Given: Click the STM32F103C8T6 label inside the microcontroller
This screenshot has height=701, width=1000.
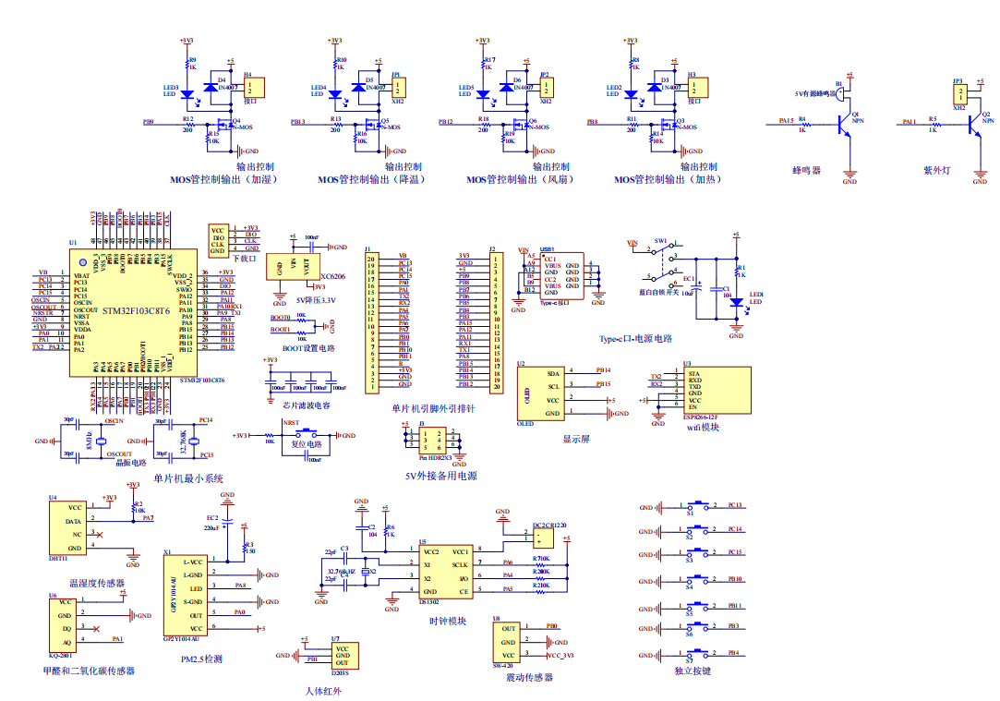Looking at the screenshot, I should tap(136, 311).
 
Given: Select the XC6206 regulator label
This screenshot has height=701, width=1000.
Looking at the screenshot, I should tap(332, 276).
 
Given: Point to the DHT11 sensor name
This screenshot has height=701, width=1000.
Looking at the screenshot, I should tap(57, 558).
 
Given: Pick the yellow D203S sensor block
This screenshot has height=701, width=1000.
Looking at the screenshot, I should tap(342, 656).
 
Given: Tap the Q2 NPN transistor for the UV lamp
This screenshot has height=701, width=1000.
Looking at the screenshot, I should tap(974, 124).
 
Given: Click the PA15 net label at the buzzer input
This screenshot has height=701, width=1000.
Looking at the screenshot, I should tap(786, 119).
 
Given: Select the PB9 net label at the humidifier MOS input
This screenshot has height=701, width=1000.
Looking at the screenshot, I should tap(148, 122).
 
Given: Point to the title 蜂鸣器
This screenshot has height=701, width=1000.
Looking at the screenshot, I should tap(806, 170).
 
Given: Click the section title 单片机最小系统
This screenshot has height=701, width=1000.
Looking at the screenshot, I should tap(187, 477).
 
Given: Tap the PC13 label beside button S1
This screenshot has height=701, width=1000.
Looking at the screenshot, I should tap(735, 506).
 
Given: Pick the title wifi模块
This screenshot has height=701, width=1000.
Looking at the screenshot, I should tap(703, 427).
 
